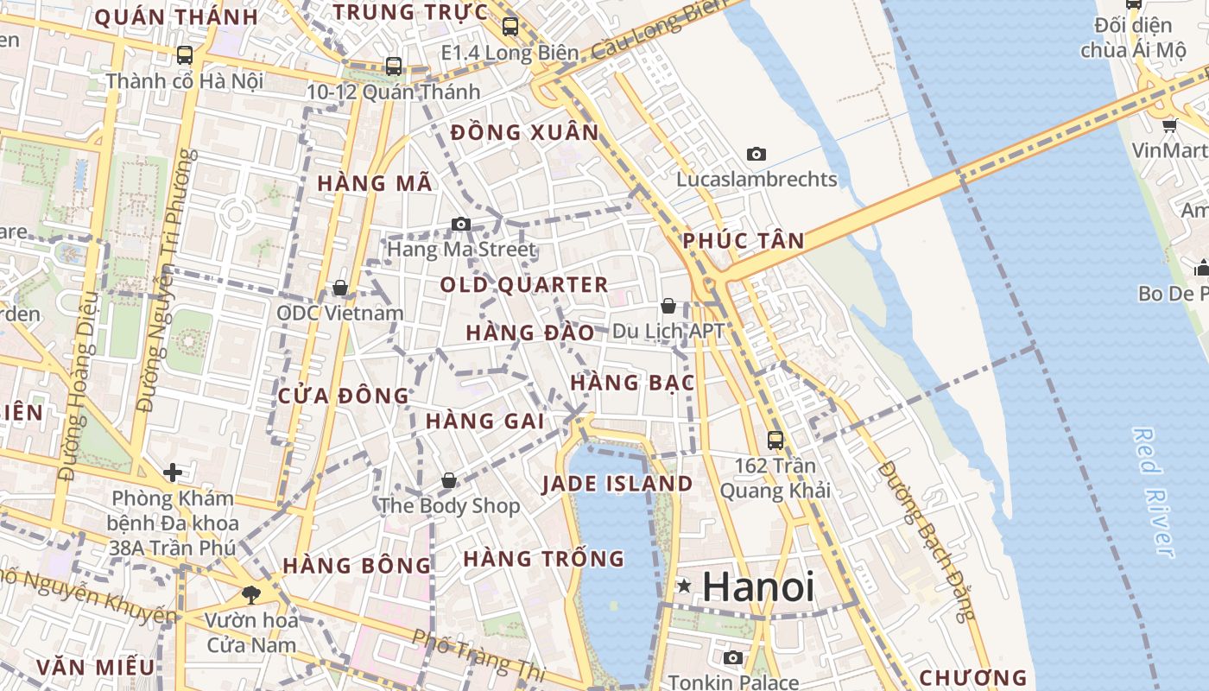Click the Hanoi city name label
click(x=758, y=587)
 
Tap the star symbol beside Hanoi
click(x=685, y=586)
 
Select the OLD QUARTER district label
click(x=524, y=285)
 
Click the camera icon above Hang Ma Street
click(x=461, y=225)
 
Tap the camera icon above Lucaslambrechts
click(x=756, y=155)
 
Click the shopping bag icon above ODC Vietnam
click(x=340, y=288)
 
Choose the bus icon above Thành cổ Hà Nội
click(x=184, y=55)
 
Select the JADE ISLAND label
click(x=617, y=484)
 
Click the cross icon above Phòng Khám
click(x=173, y=472)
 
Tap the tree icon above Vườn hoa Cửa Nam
click(x=251, y=594)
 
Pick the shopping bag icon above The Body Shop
click(x=449, y=479)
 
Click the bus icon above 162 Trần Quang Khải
click(x=775, y=440)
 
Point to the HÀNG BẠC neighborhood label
click(x=633, y=383)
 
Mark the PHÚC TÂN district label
click(x=744, y=241)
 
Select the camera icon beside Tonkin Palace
click(x=732, y=658)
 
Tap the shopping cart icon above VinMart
click(x=1170, y=126)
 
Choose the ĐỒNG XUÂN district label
click(x=524, y=132)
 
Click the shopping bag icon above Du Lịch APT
click(x=668, y=306)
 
